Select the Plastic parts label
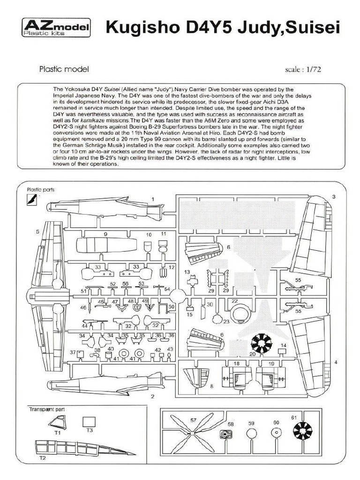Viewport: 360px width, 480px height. pyautogui.click(x=41, y=190)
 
